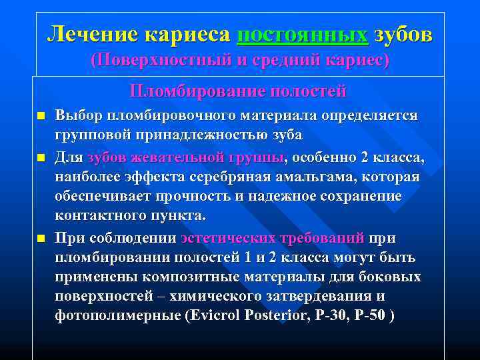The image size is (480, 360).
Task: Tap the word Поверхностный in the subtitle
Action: (159, 60)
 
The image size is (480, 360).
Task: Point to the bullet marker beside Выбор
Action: (41, 117)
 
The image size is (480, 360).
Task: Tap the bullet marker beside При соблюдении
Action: (41, 238)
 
